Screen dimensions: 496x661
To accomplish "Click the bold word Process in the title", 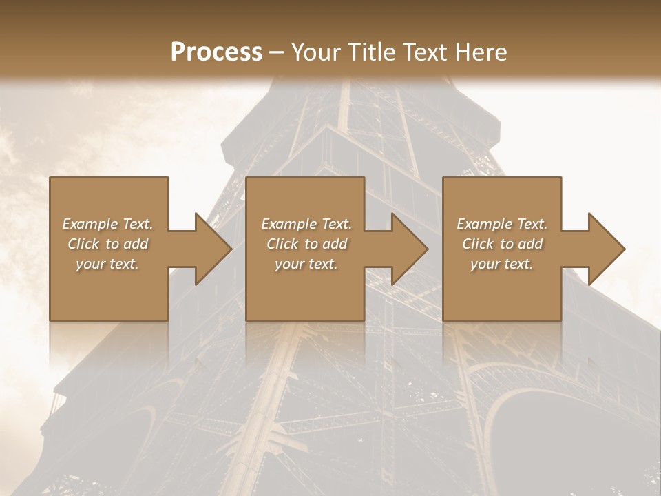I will [216, 52].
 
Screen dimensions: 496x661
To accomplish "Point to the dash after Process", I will [277, 53].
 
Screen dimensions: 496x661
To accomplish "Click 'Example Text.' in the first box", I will [107, 224].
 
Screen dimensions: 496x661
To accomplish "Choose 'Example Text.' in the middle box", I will [306, 224].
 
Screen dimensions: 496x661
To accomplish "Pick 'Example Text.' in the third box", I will [502, 224].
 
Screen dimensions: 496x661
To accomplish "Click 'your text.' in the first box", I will [107, 264].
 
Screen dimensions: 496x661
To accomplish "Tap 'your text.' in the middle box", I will [306, 264].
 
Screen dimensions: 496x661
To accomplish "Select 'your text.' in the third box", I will [502, 264].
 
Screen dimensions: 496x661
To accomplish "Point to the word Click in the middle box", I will [282, 244].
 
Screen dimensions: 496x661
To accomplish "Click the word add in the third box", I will [531, 244].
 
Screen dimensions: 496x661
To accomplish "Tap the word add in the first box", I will [136, 244].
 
